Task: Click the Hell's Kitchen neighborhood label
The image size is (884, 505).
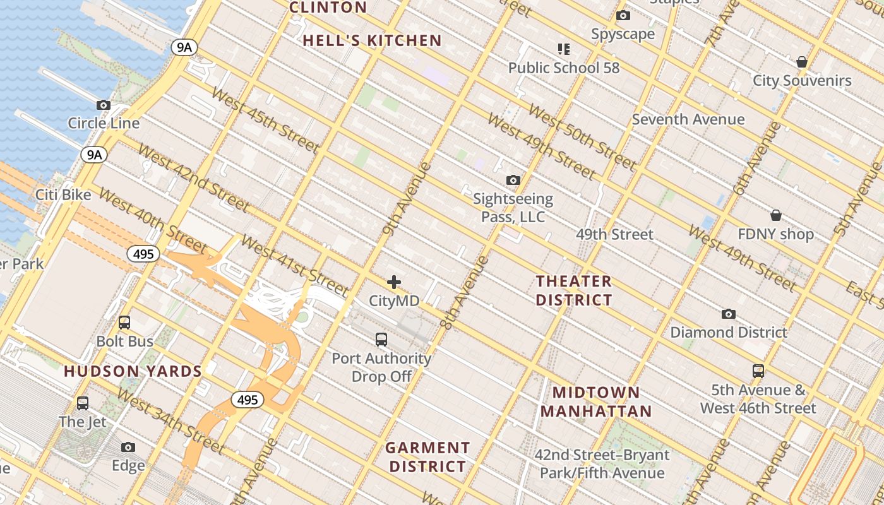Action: coord(372,41)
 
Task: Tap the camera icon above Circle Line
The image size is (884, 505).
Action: coord(104,105)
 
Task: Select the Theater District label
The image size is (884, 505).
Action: coord(574,290)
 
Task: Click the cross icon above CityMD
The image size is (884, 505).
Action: coord(394,282)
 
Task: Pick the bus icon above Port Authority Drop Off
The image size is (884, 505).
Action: coord(381,340)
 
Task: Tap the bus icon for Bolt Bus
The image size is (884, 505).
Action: coord(124,323)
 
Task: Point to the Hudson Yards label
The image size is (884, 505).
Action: coord(133,371)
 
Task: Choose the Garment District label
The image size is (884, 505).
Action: coord(427,457)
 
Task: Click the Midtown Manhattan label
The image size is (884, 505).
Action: coord(596,402)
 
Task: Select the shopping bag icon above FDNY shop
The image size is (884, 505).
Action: coord(776,216)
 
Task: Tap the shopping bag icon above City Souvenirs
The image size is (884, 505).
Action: coord(802,62)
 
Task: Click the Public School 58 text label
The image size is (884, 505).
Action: coord(564,68)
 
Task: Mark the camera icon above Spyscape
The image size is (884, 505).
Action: coord(623,16)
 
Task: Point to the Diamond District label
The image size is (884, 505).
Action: coord(729,332)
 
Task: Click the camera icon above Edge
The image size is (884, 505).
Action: coord(128,448)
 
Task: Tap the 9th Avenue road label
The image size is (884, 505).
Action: coord(407,199)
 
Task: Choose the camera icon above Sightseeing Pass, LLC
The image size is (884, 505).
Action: coord(513,181)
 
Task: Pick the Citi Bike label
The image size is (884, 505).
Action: coord(63,194)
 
